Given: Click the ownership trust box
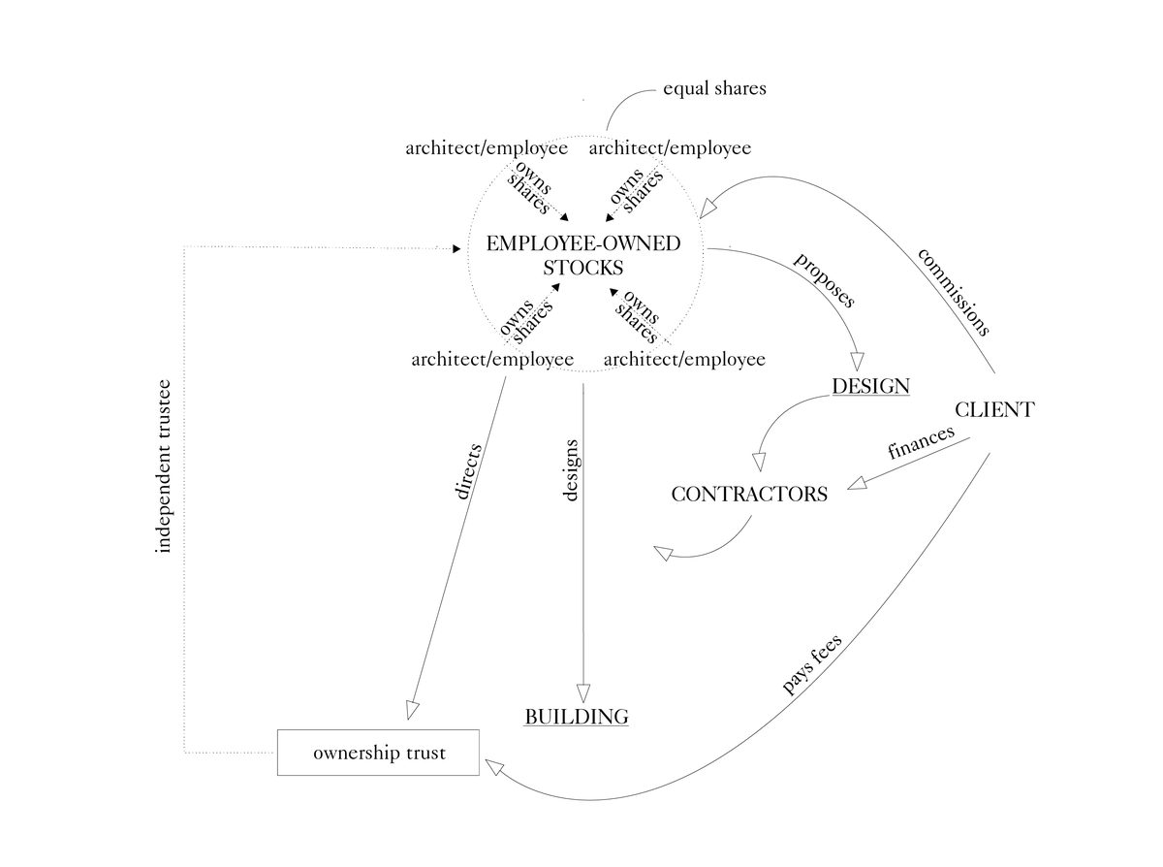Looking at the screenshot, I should tap(379, 753).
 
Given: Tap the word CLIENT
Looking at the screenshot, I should tap(993, 409).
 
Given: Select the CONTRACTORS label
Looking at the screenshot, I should tap(749, 494).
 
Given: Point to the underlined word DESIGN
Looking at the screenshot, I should tap(870, 386).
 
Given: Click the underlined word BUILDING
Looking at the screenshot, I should tap(577, 717).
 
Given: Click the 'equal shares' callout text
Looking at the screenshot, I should tap(714, 88).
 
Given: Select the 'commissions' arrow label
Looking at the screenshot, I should tap(954, 291).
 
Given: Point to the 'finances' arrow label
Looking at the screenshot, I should tap(921, 441).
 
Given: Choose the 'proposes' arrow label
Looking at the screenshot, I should tap(825, 280).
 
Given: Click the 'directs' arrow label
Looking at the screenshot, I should tap(467, 472).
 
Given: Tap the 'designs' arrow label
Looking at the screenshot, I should tap(572, 470).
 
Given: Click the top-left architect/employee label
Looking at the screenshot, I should tap(487, 148).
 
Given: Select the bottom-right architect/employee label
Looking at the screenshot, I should tap(684, 360).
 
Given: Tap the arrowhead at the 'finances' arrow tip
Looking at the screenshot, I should tap(857, 483).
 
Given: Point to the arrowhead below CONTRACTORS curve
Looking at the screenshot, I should tap(664, 553).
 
